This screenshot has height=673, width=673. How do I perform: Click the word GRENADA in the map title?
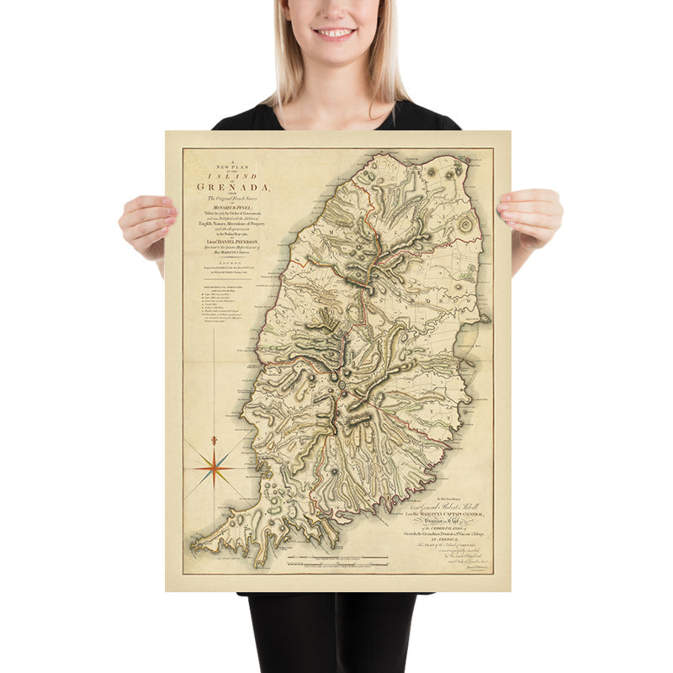[x=221, y=187]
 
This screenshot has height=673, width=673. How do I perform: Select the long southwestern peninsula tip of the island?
[x=197, y=548]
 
